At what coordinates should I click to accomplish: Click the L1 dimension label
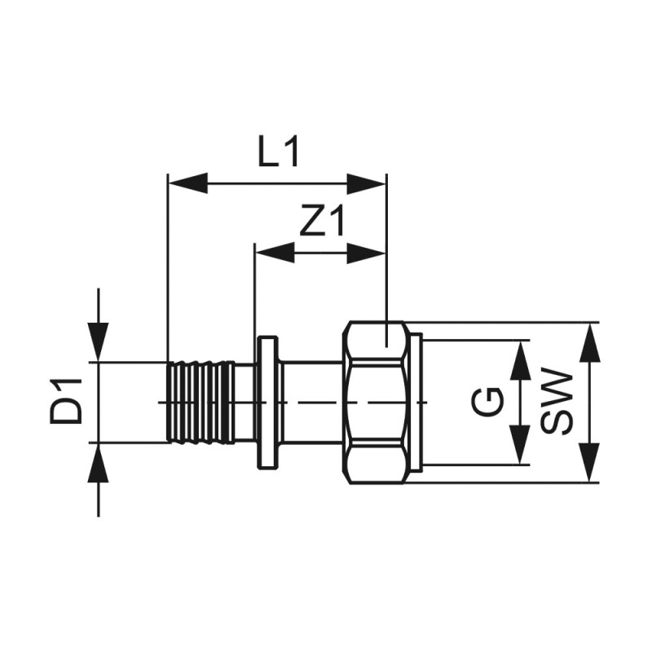tap(280, 152)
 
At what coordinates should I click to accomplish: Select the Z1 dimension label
tap(323, 222)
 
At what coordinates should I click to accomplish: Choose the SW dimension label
tap(556, 402)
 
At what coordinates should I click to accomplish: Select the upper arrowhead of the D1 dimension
tap(99, 341)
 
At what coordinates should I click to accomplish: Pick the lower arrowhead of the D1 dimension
tap(99, 464)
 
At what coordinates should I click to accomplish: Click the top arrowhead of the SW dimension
tap(588, 343)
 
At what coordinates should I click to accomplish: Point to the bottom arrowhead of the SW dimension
tap(588, 463)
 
